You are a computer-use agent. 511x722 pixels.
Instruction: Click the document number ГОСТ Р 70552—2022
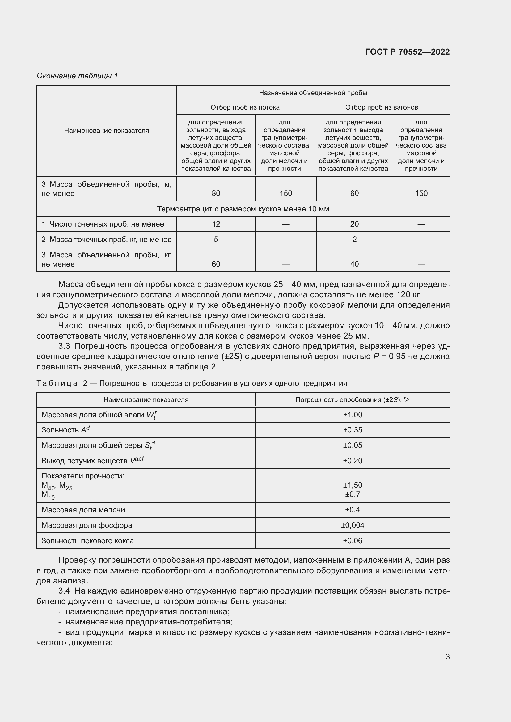pyautogui.click(x=407, y=52)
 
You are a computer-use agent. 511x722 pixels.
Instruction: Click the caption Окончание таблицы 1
pyautogui.click(x=77, y=76)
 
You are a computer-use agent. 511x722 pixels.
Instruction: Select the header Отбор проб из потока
pyautogui.click(x=245, y=107)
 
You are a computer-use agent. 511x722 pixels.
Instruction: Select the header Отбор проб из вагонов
pyautogui.click(x=381, y=107)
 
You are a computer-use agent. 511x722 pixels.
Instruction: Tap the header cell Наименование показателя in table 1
pyautogui.click(x=106, y=131)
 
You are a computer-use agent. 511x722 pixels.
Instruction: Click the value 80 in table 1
pyautogui.click(x=216, y=194)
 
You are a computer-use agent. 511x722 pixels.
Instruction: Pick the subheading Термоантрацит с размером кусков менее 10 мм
pyautogui.click(x=243, y=209)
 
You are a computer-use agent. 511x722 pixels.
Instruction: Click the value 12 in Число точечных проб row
pyautogui.click(x=216, y=224)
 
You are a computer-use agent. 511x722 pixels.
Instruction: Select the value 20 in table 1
pyautogui.click(x=354, y=224)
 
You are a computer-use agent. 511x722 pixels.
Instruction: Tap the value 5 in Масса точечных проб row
pyautogui.click(x=216, y=240)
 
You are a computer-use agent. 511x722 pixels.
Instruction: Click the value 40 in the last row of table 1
pyautogui.click(x=354, y=264)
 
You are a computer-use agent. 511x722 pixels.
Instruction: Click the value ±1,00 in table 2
pyautogui.click(x=353, y=415)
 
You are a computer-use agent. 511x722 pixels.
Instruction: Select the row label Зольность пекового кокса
pyautogui.click(x=87, y=540)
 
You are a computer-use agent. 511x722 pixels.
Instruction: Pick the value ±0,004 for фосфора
pyautogui.click(x=353, y=525)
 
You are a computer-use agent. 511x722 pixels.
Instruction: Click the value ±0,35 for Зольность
pyautogui.click(x=353, y=430)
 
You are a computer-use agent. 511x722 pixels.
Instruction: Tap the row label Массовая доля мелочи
pyautogui.click(x=83, y=510)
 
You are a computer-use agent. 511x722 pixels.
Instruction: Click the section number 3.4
pyautogui.click(x=64, y=591)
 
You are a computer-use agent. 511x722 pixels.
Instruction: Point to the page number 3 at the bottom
pyautogui.click(x=447, y=657)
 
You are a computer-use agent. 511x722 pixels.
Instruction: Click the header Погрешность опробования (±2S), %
pyautogui.click(x=353, y=400)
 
